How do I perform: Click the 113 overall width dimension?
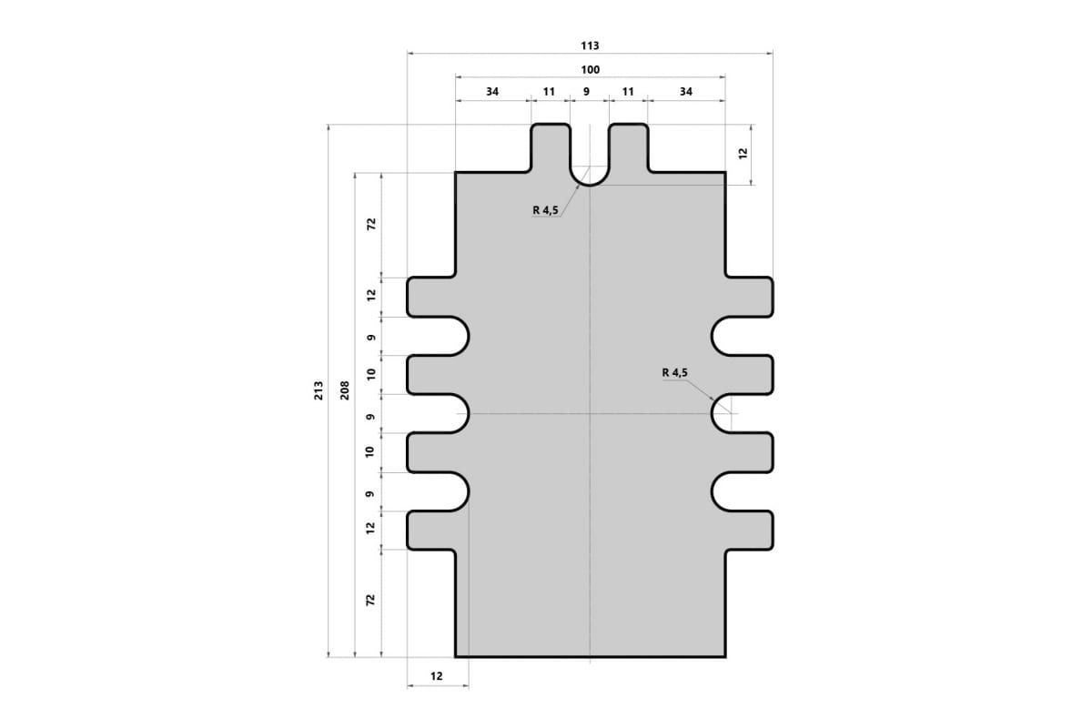[590, 45]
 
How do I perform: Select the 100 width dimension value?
[590, 70]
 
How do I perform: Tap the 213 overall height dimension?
[318, 390]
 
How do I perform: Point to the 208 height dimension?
[345, 390]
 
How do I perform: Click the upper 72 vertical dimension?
[371, 224]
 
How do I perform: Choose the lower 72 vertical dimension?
[370, 600]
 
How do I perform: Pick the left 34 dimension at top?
[492, 92]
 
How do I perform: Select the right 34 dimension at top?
[686, 92]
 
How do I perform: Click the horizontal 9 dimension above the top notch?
[586, 92]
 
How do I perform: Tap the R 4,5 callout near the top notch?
[545, 210]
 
